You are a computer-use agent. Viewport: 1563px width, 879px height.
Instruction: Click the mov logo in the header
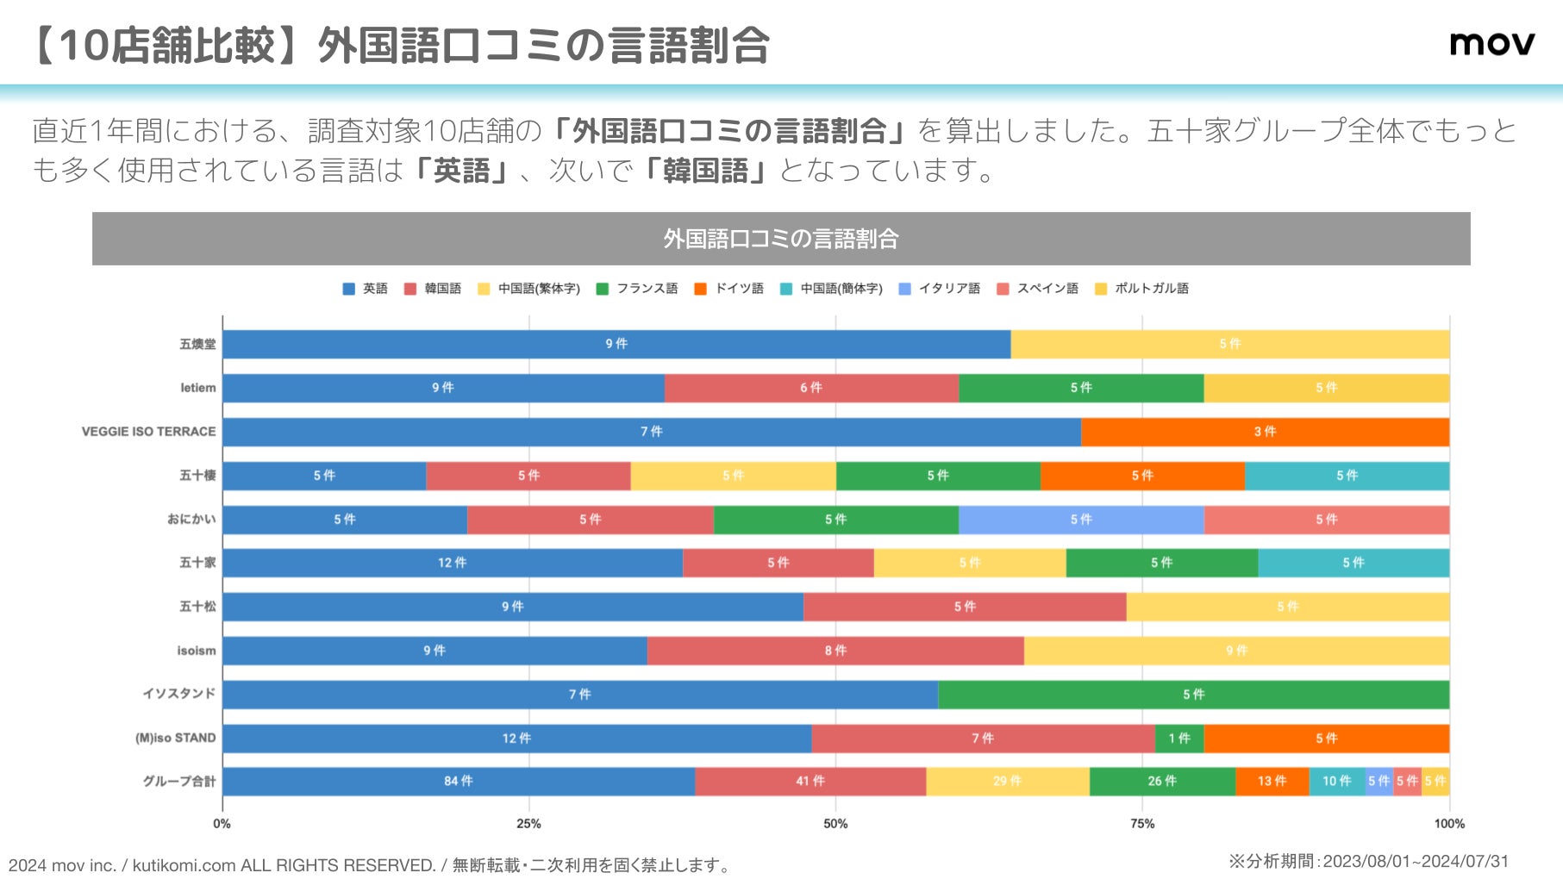coord(1491,43)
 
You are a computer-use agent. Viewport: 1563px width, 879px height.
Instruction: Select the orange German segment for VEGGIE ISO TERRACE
coord(1265,432)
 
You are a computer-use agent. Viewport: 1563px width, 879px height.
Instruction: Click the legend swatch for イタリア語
coord(904,289)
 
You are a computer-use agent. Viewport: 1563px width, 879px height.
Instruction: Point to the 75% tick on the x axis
coord(1142,824)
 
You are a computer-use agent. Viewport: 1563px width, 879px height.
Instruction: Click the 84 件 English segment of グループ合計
coord(459,782)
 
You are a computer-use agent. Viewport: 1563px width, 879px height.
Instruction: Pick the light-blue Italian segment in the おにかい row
coord(1081,520)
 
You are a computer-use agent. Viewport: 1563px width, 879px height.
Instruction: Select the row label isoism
coord(197,651)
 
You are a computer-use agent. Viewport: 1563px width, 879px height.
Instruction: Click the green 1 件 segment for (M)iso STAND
coord(1179,739)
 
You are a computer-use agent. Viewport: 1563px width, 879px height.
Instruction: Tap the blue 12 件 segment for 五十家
coord(452,563)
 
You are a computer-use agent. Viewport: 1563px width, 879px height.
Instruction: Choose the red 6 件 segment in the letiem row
coord(810,388)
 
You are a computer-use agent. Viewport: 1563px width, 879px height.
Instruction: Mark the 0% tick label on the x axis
coord(222,824)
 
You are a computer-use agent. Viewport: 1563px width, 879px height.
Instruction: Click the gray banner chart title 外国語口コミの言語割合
coord(781,239)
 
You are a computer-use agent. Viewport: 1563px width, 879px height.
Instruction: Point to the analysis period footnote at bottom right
coord(1368,861)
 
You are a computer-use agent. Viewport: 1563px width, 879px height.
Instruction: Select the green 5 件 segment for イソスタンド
coord(1193,695)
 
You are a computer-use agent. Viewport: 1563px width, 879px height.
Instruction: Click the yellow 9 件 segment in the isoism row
coord(1236,651)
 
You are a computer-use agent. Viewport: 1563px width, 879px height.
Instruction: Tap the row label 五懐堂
coord(197,344)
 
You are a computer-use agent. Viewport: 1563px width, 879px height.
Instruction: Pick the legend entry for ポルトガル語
coord(1141,289)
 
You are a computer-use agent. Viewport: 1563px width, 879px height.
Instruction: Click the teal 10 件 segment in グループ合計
coord(1336,782)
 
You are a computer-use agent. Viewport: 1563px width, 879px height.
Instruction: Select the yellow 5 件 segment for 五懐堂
coord(1229,344)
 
